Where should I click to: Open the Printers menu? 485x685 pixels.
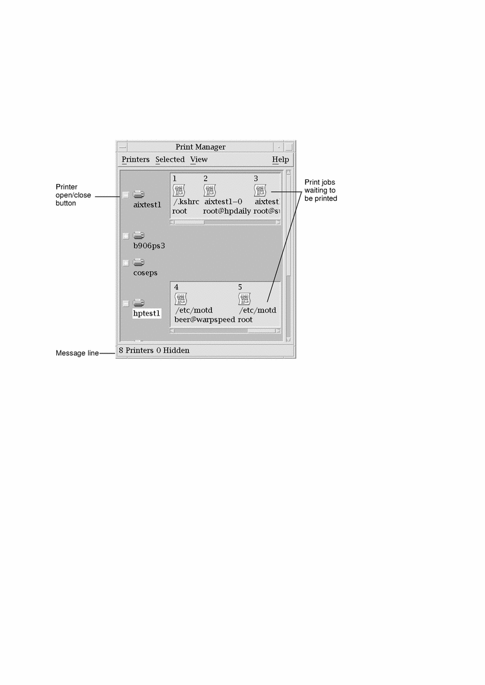(136, 159)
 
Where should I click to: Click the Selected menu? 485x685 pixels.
(170, 159)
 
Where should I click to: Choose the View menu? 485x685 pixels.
(199, 159)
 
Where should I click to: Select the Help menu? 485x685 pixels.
(281, 159)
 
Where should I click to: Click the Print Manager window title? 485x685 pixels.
(201, 147)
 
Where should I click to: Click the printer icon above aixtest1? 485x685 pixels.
(139, 194)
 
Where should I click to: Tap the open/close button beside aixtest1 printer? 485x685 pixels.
(126, 195)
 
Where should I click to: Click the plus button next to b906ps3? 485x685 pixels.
(126, 236)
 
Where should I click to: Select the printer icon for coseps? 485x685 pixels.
(139, 262)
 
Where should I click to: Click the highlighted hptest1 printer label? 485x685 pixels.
(147, 313)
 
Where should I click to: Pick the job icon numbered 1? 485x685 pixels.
(179, 191)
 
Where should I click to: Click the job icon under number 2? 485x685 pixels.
(210, 191)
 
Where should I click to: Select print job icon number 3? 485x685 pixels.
(260, 191)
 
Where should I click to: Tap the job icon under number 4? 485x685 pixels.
(181, 299)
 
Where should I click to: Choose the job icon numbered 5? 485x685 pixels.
(244, 299)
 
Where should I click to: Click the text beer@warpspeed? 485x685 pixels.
(204, 320)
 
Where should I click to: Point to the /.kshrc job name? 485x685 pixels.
(186, 202)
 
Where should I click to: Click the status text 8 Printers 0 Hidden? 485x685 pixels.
(154, 350)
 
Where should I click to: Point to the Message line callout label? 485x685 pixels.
(77, 353)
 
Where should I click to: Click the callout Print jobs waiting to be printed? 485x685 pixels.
(321, 191)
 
